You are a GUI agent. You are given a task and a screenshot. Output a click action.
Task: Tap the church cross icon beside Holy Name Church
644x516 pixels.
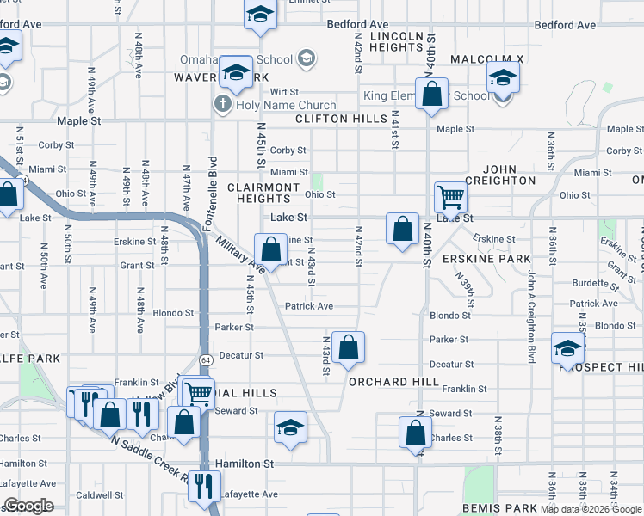221,105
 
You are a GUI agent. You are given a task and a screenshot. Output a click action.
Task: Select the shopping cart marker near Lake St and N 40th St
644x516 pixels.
450,198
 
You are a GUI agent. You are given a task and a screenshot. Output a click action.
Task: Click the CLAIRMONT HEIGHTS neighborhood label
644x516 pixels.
263,193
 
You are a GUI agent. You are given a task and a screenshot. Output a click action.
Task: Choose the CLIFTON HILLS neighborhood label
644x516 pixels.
340,119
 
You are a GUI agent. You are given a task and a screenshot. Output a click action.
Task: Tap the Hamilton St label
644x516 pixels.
245,464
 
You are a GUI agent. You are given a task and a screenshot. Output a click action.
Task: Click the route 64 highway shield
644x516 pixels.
206,358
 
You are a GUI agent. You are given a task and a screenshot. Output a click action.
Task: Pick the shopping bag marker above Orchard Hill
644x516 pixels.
348,347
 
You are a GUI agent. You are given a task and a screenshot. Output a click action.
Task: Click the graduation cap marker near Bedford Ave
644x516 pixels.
259,15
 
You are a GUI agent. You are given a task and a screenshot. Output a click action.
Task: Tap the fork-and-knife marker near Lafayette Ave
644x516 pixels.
203,485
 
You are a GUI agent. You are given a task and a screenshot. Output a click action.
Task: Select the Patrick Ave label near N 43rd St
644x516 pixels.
309,306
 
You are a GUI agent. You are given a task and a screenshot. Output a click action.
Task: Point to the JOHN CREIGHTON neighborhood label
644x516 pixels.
500,175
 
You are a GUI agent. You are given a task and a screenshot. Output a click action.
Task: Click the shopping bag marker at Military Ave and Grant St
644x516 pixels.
270,250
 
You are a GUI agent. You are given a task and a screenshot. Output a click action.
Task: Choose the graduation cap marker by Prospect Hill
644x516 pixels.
567,348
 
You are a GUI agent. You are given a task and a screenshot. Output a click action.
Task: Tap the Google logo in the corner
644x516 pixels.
28,506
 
